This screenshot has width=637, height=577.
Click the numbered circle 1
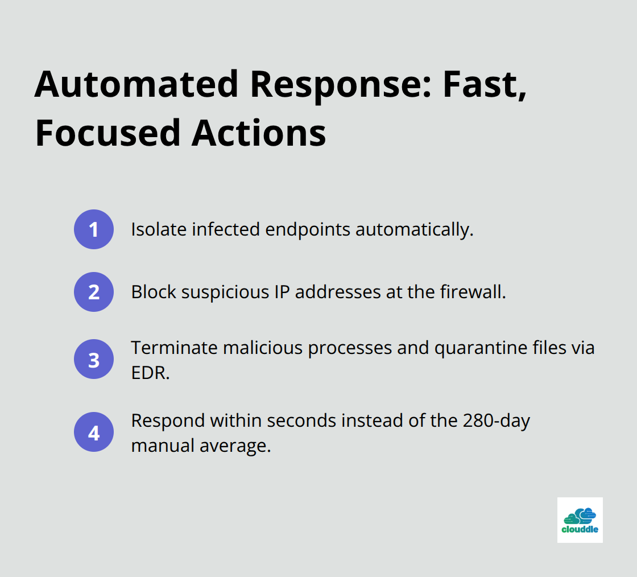pos(94,229)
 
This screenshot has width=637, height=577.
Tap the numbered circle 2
pos(94,292)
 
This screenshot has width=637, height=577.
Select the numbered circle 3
pos(94,360)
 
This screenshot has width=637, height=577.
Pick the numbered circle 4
pos(94,432)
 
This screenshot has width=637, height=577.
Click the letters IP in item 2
pos(281,292)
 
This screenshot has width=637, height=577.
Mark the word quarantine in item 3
pos(481,348)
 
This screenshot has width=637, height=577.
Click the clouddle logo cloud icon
pos(580,516)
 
